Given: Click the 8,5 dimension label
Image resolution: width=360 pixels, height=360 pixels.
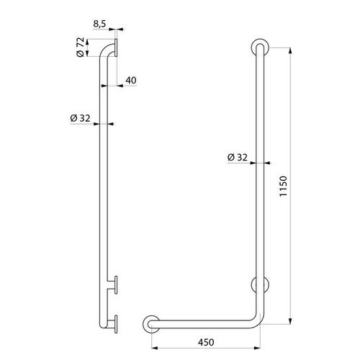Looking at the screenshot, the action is pos(99,24).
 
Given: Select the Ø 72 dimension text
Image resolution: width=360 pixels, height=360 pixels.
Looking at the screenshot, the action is pos(81,47).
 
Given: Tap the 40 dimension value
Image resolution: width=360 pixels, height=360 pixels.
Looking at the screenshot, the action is pos(131,80).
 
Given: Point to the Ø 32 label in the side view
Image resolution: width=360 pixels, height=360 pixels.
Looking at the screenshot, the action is pos(80,118).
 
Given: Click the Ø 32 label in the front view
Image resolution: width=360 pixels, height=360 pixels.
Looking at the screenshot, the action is pos(237,157).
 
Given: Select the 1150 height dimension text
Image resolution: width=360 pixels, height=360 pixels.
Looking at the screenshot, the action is pos(283,186).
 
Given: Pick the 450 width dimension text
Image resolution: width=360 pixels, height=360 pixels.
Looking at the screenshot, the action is pos(206,342).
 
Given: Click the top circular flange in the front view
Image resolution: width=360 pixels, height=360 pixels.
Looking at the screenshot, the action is pos(260,47).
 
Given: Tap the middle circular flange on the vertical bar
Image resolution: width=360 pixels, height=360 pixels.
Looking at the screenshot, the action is pos(260,284).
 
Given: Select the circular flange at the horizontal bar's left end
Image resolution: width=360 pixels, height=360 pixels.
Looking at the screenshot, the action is pos(151,324).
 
